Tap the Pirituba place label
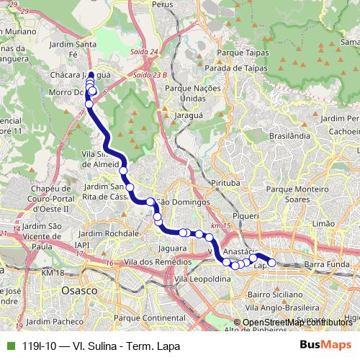click(225, 184)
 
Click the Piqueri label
click(246, 215)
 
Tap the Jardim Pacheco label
click(57, 322)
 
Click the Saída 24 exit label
click(145, 52)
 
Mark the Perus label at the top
click(163, 4)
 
